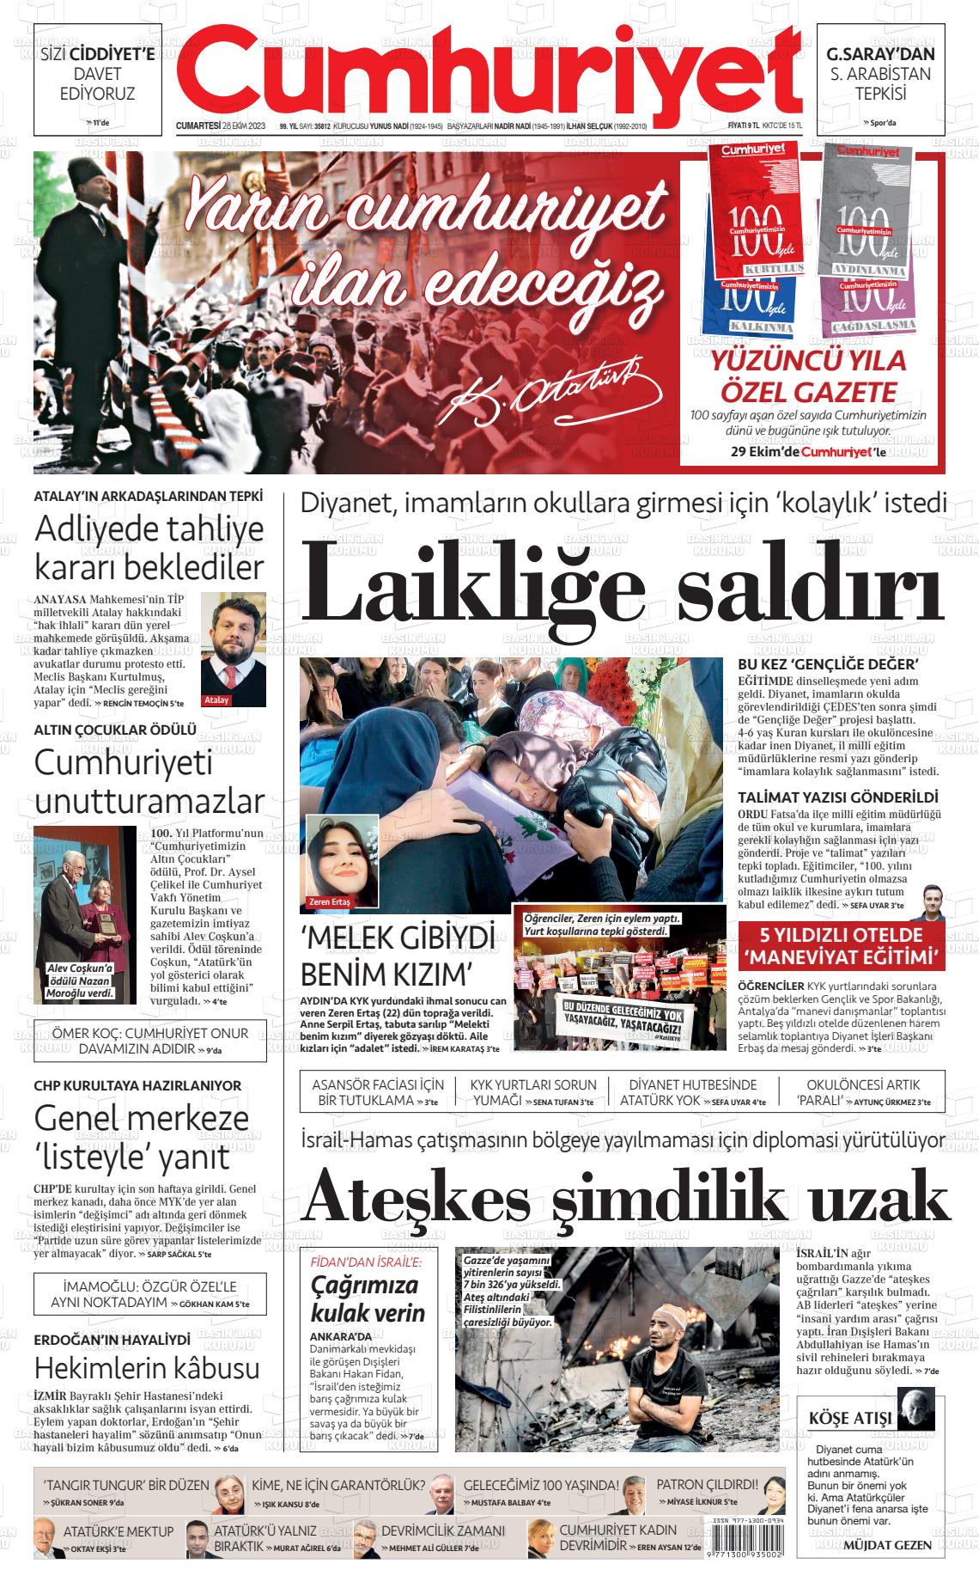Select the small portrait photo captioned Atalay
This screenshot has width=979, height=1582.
tap(234, 649)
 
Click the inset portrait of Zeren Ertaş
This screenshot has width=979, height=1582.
tap(343, 860)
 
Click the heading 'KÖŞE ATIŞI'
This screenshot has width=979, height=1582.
tap(850, 1418)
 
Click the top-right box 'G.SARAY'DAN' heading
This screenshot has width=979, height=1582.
tap(880, 54)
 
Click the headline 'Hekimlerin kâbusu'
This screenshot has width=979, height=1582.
tap(146, 1367)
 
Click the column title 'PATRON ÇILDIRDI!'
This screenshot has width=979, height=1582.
tap(707, 1484)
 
